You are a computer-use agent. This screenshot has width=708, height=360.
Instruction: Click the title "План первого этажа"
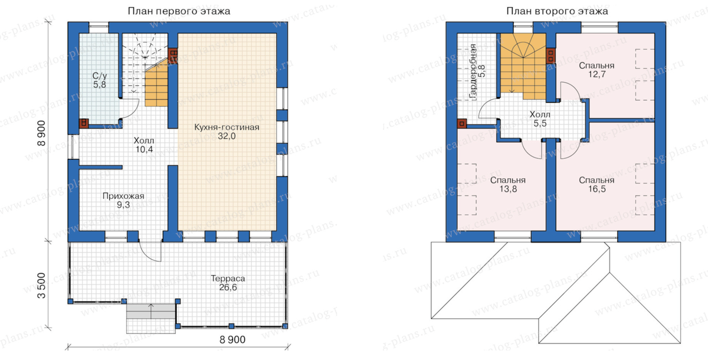(179, 11)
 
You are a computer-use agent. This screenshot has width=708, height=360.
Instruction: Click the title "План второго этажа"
(557, 11)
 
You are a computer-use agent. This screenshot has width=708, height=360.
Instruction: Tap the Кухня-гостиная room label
(227, 127)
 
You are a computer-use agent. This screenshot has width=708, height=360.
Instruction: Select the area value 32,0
(227, 136)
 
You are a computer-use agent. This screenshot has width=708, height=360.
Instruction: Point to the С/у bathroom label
(100, 76)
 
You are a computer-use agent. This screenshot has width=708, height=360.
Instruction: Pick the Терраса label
(228, 279)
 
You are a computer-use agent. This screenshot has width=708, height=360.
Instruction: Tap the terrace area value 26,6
(228, 287)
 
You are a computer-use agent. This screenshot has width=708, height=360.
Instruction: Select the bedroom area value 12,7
(596, 74)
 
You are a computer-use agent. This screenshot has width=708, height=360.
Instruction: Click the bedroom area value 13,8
(508, 189)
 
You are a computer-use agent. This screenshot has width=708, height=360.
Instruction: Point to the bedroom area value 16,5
(596, 189)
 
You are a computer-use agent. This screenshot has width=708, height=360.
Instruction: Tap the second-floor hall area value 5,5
(540, 123)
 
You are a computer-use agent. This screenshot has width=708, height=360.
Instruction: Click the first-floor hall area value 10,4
(144, 149)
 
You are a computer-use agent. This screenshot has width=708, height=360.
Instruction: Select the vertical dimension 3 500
(41, 286)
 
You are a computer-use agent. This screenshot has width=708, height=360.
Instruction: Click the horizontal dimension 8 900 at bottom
(232, 340)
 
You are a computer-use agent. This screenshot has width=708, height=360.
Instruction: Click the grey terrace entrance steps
(151, 318)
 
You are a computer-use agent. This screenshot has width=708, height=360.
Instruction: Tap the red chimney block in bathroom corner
(83, 123)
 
